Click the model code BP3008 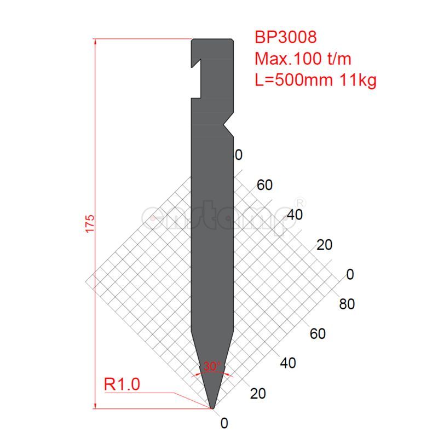pos(285,37)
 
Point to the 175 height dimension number pos(90,224)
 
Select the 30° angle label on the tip pos(211,366)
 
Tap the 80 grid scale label pos(347,304)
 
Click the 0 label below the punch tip pos(223,423)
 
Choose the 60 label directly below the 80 pos(318,333)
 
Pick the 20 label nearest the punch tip pos(258,393)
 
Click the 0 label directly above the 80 pos(350,274)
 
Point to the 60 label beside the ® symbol pos(264,185)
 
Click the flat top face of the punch pos(212,39)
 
